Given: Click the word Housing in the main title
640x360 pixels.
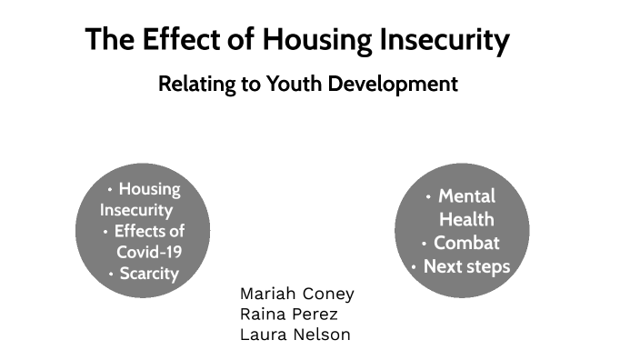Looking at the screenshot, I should coord(319,40).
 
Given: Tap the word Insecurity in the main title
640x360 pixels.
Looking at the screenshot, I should coord(445,40).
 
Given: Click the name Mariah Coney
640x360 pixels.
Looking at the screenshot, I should coord(296,294).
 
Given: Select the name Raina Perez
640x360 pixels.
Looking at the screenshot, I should coord(288,314).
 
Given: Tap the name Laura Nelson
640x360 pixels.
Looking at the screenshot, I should coord(295,335).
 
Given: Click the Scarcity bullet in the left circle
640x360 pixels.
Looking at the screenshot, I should coord(149,273).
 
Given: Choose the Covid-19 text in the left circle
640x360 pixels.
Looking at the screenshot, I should coord(149,252).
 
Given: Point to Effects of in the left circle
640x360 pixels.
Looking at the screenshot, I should coord(149,231).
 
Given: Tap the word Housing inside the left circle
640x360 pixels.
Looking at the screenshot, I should coord(149,189).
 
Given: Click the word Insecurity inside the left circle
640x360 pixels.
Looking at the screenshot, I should coord(136,210).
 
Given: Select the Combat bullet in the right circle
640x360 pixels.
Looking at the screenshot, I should coord(466,243).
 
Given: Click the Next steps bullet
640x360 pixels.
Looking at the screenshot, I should coord(466,267).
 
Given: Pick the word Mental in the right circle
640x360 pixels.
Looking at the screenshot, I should coord(466,195).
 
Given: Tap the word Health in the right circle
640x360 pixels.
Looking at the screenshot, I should coord(466,219).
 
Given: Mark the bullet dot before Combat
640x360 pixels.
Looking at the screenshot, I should coord(425,244).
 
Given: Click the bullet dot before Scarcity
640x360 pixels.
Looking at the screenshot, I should coord(111,273).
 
